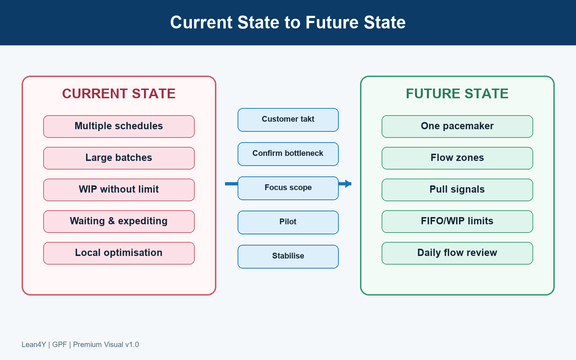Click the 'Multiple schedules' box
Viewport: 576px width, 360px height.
119,126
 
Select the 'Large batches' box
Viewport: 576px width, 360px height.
119,158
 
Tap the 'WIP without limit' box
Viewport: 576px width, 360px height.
119,190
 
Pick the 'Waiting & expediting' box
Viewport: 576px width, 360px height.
119,221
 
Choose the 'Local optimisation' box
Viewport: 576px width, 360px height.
119,253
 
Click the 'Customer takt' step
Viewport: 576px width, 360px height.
288,120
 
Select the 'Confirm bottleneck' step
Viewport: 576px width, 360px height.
288,154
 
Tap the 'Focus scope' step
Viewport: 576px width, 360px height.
288,188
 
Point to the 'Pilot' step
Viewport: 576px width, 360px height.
288,222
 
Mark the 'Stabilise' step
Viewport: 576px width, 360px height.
288,257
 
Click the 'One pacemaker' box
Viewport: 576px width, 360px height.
457,126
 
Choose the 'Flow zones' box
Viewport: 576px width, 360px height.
457,158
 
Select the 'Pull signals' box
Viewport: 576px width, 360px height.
457,190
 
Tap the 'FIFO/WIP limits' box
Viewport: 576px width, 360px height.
457,221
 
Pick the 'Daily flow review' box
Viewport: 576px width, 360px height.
457,253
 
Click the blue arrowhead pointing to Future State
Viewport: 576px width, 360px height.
348,184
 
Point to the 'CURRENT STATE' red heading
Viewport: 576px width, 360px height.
119,94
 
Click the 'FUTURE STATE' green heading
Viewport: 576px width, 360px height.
457,94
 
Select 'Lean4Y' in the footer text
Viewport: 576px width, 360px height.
34,345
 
